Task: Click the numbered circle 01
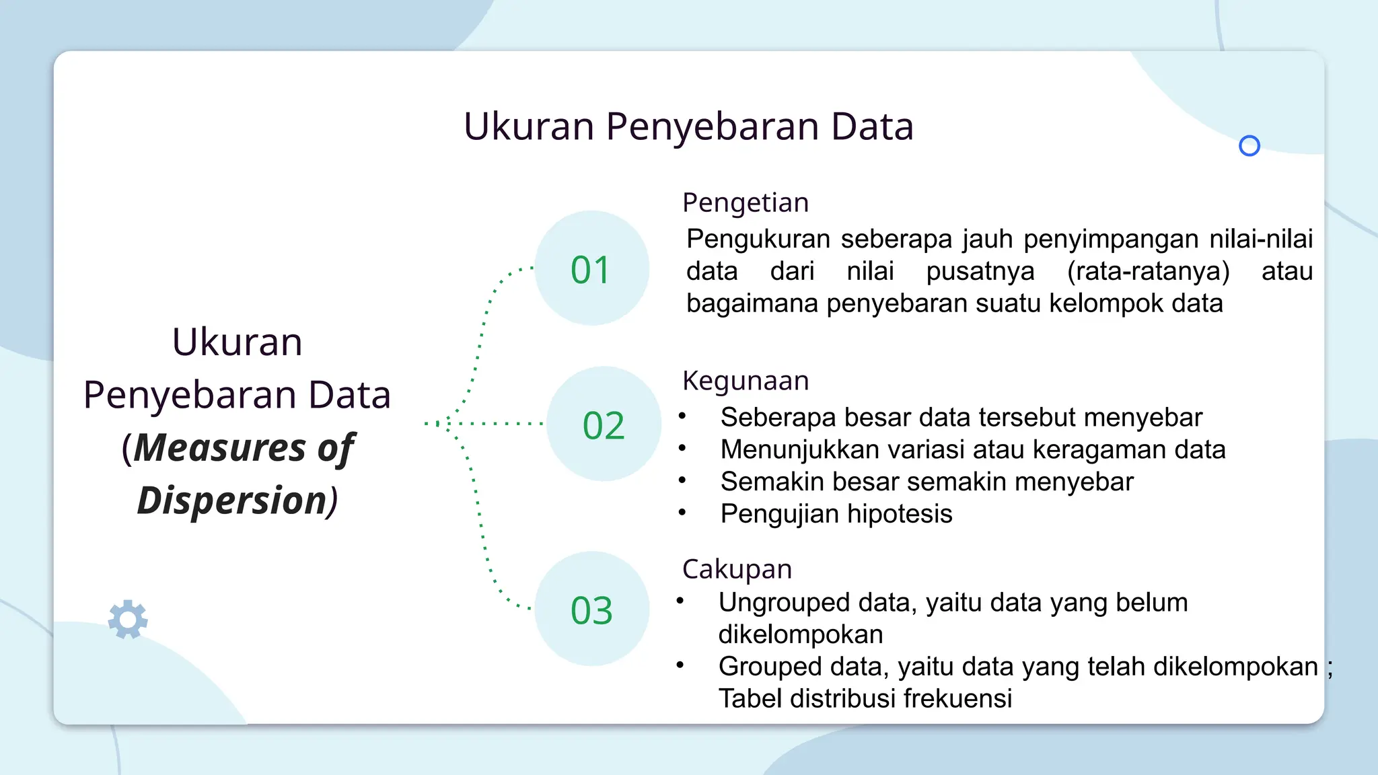point(591,268)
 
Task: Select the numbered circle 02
point(604,425)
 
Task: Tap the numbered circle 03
point(591,610)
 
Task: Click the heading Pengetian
point(745,202)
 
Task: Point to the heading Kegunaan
point(745,381)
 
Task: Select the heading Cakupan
point(737,569)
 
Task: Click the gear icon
point(128,619)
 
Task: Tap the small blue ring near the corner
point(1249,146)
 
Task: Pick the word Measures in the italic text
point(219,448)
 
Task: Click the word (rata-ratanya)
point(1148,271)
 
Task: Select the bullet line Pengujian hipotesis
point(836,514)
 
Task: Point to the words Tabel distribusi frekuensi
point(865,698)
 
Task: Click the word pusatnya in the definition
point(980,271)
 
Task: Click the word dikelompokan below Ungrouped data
point(800,634)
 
